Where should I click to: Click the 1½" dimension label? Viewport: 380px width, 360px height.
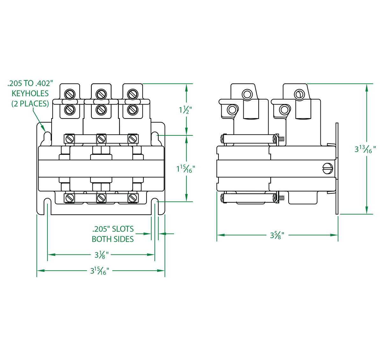coord(185,110)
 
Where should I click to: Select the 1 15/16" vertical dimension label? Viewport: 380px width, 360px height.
coord(186,169)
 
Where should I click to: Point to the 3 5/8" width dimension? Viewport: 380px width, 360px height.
coord(277,235)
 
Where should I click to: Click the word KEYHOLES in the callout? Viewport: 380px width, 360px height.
coord(30,93)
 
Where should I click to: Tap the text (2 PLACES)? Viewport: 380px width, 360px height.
coord(30,104)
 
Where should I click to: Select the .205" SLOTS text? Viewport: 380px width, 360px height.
coord(113,229)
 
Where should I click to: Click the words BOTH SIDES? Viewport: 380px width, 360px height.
coord(113,239)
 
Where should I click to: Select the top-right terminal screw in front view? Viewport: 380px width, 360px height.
coord(132,94)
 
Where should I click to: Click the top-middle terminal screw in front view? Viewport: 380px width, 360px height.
coord(100,94)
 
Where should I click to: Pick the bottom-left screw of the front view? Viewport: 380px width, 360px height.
coord(70,198)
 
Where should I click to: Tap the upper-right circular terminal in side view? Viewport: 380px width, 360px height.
coord(299,94)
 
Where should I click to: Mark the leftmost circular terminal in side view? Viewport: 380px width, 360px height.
coord(232,110)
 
